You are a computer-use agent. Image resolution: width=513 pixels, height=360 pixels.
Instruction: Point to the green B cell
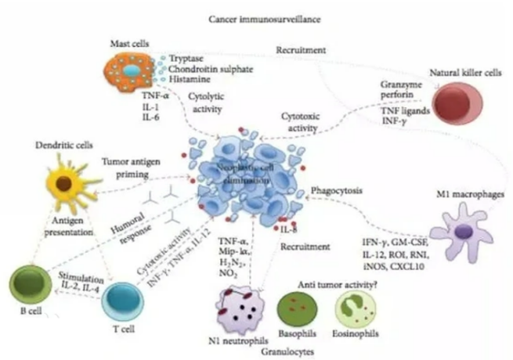(27, 285)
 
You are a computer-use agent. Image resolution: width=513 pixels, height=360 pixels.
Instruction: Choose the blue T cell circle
(125, 301)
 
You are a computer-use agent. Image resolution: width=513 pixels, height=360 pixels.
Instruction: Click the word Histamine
(184, 80)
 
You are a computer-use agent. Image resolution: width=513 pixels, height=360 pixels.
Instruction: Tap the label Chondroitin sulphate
(204, 69)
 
